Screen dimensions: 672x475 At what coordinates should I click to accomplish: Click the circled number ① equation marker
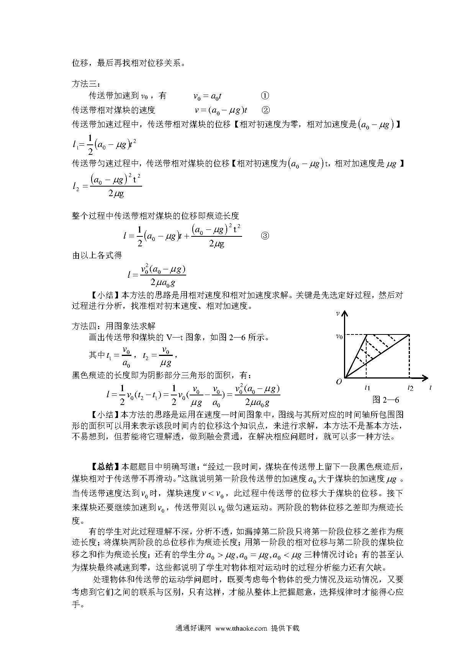264,96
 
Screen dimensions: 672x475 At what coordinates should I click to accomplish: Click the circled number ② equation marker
265,110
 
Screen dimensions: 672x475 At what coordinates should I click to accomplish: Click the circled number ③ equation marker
265,236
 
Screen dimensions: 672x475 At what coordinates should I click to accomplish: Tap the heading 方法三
85,84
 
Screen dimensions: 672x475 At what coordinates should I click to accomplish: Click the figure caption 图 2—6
386,400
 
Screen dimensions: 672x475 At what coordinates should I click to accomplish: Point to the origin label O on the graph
339,382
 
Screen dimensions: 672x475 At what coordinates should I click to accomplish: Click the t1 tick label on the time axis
367,388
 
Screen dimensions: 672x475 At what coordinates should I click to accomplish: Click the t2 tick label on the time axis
410,388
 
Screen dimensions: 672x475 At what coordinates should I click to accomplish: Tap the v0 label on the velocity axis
339,336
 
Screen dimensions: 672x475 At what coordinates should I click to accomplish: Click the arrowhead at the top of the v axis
346,314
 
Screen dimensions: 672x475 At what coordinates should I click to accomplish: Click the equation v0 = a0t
208,96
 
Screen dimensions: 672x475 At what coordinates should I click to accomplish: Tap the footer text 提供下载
285,628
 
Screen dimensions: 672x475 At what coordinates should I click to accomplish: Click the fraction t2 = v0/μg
157,356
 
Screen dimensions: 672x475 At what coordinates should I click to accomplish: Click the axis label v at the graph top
337,313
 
